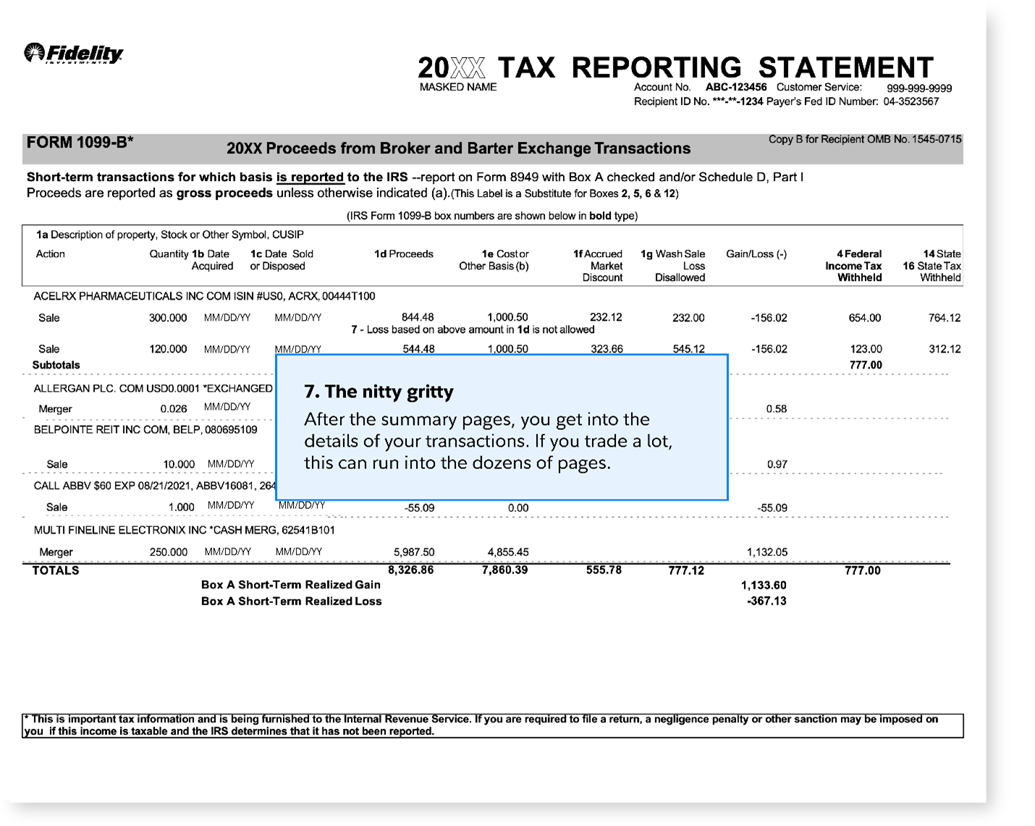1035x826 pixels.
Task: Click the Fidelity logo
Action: pyautogui.click(x=73, y=54)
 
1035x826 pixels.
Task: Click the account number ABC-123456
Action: pyautogui.click(x=735, y=88)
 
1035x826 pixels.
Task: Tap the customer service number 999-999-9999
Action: pyautogui.click(x=919, y=88)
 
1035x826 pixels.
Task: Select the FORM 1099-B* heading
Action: pyautogui.click(x=80, y=143)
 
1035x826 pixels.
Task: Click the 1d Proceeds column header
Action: pyautogui.click(x=403, y=254)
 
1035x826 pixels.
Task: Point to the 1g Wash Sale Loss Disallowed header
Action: pyautogui.click(x=673, y=265)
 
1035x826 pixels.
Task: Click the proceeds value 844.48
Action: pyautogui.click(x=418, y=317)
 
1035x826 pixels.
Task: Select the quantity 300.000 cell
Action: pyautogui.click(x=168, y=318)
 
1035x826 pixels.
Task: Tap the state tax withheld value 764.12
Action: pyautogui.click(x=944, y=318)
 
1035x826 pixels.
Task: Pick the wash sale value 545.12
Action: pyautogui.click(x=688, y=348)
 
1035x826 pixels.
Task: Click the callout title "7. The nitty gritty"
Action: pyautogui.click(x=379, y=392)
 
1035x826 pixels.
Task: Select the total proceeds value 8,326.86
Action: pyautogui.click(x=410, y=570)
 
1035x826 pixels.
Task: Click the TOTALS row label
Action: pyautogui.click(x=56, y=570)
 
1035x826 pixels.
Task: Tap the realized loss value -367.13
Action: pyautogui.click(x=766, y=601)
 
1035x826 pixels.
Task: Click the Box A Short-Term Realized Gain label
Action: pyautogui.click(x=290, y=585)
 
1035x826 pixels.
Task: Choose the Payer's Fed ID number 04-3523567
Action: pyautogui.click(x=911, y=101)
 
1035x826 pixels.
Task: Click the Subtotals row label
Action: pyautogui.click(x=56, y=365)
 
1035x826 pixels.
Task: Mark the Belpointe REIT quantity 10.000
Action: pyautogui.click(x=179, y=464)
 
